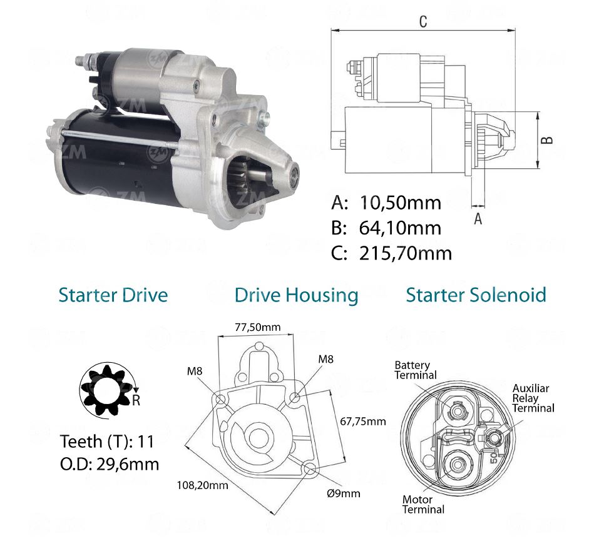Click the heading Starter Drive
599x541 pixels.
[x=113, y=295]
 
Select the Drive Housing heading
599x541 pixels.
[x=296, y=295]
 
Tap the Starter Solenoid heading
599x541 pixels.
[x=476, y=295]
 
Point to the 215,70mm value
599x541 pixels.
[x=405, y=253]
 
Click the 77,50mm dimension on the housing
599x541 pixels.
[x=257, y=327]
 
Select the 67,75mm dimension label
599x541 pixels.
[x=363, y=421]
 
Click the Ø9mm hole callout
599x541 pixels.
[x=345, y=493]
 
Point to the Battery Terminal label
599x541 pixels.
[x=412, y=370]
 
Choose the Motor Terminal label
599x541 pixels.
[x=423, y=505]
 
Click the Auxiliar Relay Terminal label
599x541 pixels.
[x=533, y=398]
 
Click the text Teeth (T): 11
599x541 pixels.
[x=106, y=442]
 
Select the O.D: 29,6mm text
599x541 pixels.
[x=110, y=464]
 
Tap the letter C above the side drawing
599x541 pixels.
[x=423, y=21]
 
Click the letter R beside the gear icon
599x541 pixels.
[x=136, y=400]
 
